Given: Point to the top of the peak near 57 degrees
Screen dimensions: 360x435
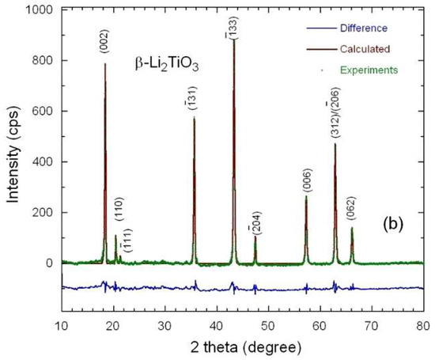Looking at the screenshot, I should click(306, 197).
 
